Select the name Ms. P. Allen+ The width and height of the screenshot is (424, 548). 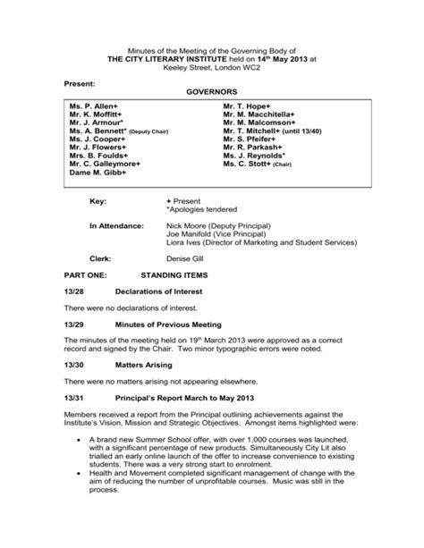95,106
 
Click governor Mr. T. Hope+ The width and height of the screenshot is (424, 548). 248,106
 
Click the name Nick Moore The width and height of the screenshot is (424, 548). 187,227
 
